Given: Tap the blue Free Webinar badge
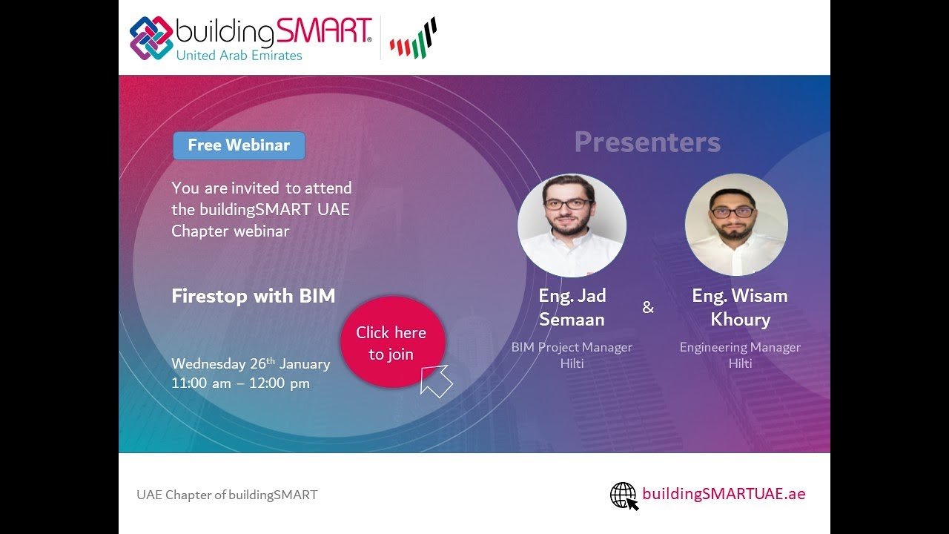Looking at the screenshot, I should click(239, 145).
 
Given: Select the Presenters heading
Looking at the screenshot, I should click(647, 142).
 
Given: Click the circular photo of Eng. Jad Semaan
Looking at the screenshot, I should click(572, 225).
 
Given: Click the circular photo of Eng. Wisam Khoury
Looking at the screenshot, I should click(736, 225).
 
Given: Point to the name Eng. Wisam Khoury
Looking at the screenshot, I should click(740, 307).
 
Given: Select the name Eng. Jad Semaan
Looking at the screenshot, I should click(572, 307).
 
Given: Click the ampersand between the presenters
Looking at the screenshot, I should click(648, 307).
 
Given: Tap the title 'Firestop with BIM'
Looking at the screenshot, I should click(254, 296).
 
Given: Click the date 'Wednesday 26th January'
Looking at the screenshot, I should click(251, 363).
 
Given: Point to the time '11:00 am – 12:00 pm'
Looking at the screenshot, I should click(240, 383).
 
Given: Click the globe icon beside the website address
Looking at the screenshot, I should click(624, 495).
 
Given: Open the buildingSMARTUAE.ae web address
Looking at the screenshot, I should click(724, 494).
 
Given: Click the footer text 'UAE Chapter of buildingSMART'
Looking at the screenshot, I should click(227, 495).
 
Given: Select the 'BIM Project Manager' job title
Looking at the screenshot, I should click(572, 347).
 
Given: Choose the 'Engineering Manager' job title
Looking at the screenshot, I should click(740, 347).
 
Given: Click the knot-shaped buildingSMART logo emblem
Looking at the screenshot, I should click(151, 37).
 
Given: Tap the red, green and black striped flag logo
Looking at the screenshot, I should click(414, 39).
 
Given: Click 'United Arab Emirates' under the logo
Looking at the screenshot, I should click(239, 56).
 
